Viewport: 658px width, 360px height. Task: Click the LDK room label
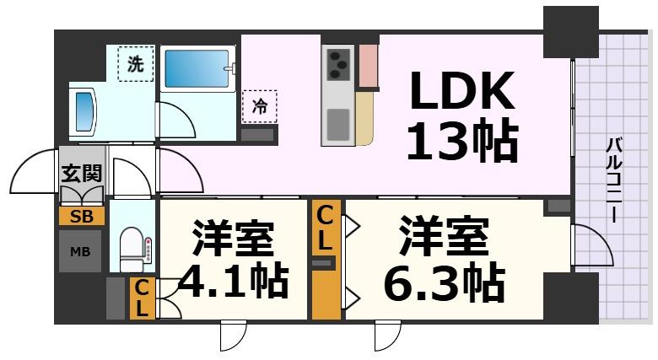click(x=461, y=92)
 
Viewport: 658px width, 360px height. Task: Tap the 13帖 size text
click(x=461, y=140)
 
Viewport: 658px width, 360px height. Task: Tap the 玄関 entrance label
click(x=81, y=174)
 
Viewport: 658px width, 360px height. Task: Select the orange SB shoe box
click(x=82, y=216)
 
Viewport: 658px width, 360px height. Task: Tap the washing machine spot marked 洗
click(x=135, y=62)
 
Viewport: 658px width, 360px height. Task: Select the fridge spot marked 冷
click(x=259, y=106)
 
